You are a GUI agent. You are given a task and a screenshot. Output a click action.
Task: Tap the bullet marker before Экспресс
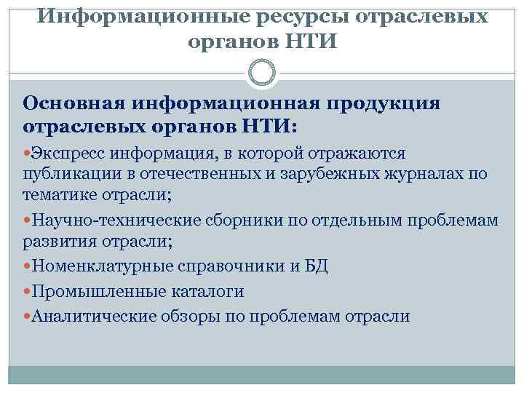point(27,154)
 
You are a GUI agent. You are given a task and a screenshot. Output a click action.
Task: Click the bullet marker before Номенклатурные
point(27,266)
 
